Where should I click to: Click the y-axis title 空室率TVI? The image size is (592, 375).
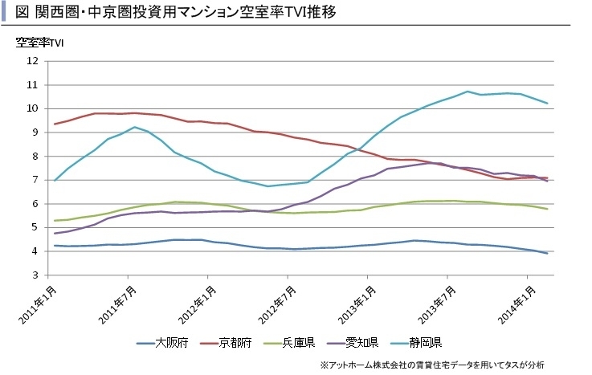click(x=39, y=43)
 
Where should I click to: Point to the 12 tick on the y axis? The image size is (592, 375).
click(x=32, y=61)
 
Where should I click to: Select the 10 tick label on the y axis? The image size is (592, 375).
click(x=32, y=108)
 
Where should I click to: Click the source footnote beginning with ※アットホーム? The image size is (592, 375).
click(x=431, y=365)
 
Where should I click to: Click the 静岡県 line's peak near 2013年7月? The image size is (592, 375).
click(x=467, y=92)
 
